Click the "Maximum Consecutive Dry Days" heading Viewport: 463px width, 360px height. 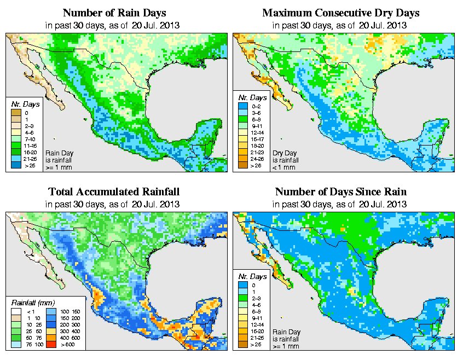[x=341, y=13]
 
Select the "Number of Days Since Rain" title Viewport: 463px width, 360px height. [x=341, y=192]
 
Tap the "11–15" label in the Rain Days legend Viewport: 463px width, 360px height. [x=30, y=146]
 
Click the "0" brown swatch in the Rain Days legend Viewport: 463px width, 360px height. [x=16, y=113]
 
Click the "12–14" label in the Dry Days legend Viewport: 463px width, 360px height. [x=257, y=132]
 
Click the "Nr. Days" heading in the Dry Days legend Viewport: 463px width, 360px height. [x=254, y=97]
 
